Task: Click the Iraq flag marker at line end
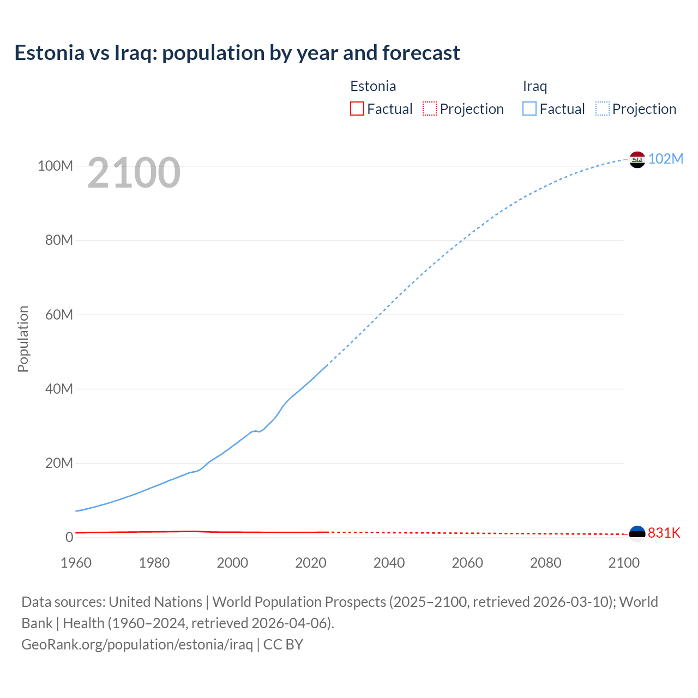[x=637, y=159]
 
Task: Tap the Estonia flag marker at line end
[x=637, y=533]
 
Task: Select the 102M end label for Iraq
[x=666, y=159]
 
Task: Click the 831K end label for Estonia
[x=664, y=533]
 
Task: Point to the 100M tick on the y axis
[x=55, y=166]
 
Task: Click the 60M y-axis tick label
[x=59, y=315]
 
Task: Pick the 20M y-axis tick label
[x=59, y=463]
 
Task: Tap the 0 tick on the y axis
[x=69, y=537]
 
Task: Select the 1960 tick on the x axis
[x=76, y=563]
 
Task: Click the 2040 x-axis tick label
[x=389, y=563]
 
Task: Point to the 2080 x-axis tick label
[x=545, y=563]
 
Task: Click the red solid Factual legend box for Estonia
[x=357, y=109]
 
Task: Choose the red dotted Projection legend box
[x=430, y=109]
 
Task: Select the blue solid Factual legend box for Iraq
[x=529, y=109]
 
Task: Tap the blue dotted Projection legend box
[x=603, y=109]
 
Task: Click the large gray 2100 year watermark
[x=134, y=173]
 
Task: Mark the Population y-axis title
[x=23, y=339]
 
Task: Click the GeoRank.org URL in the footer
[x=137, y=644]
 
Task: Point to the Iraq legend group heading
[x=535, y=86]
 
